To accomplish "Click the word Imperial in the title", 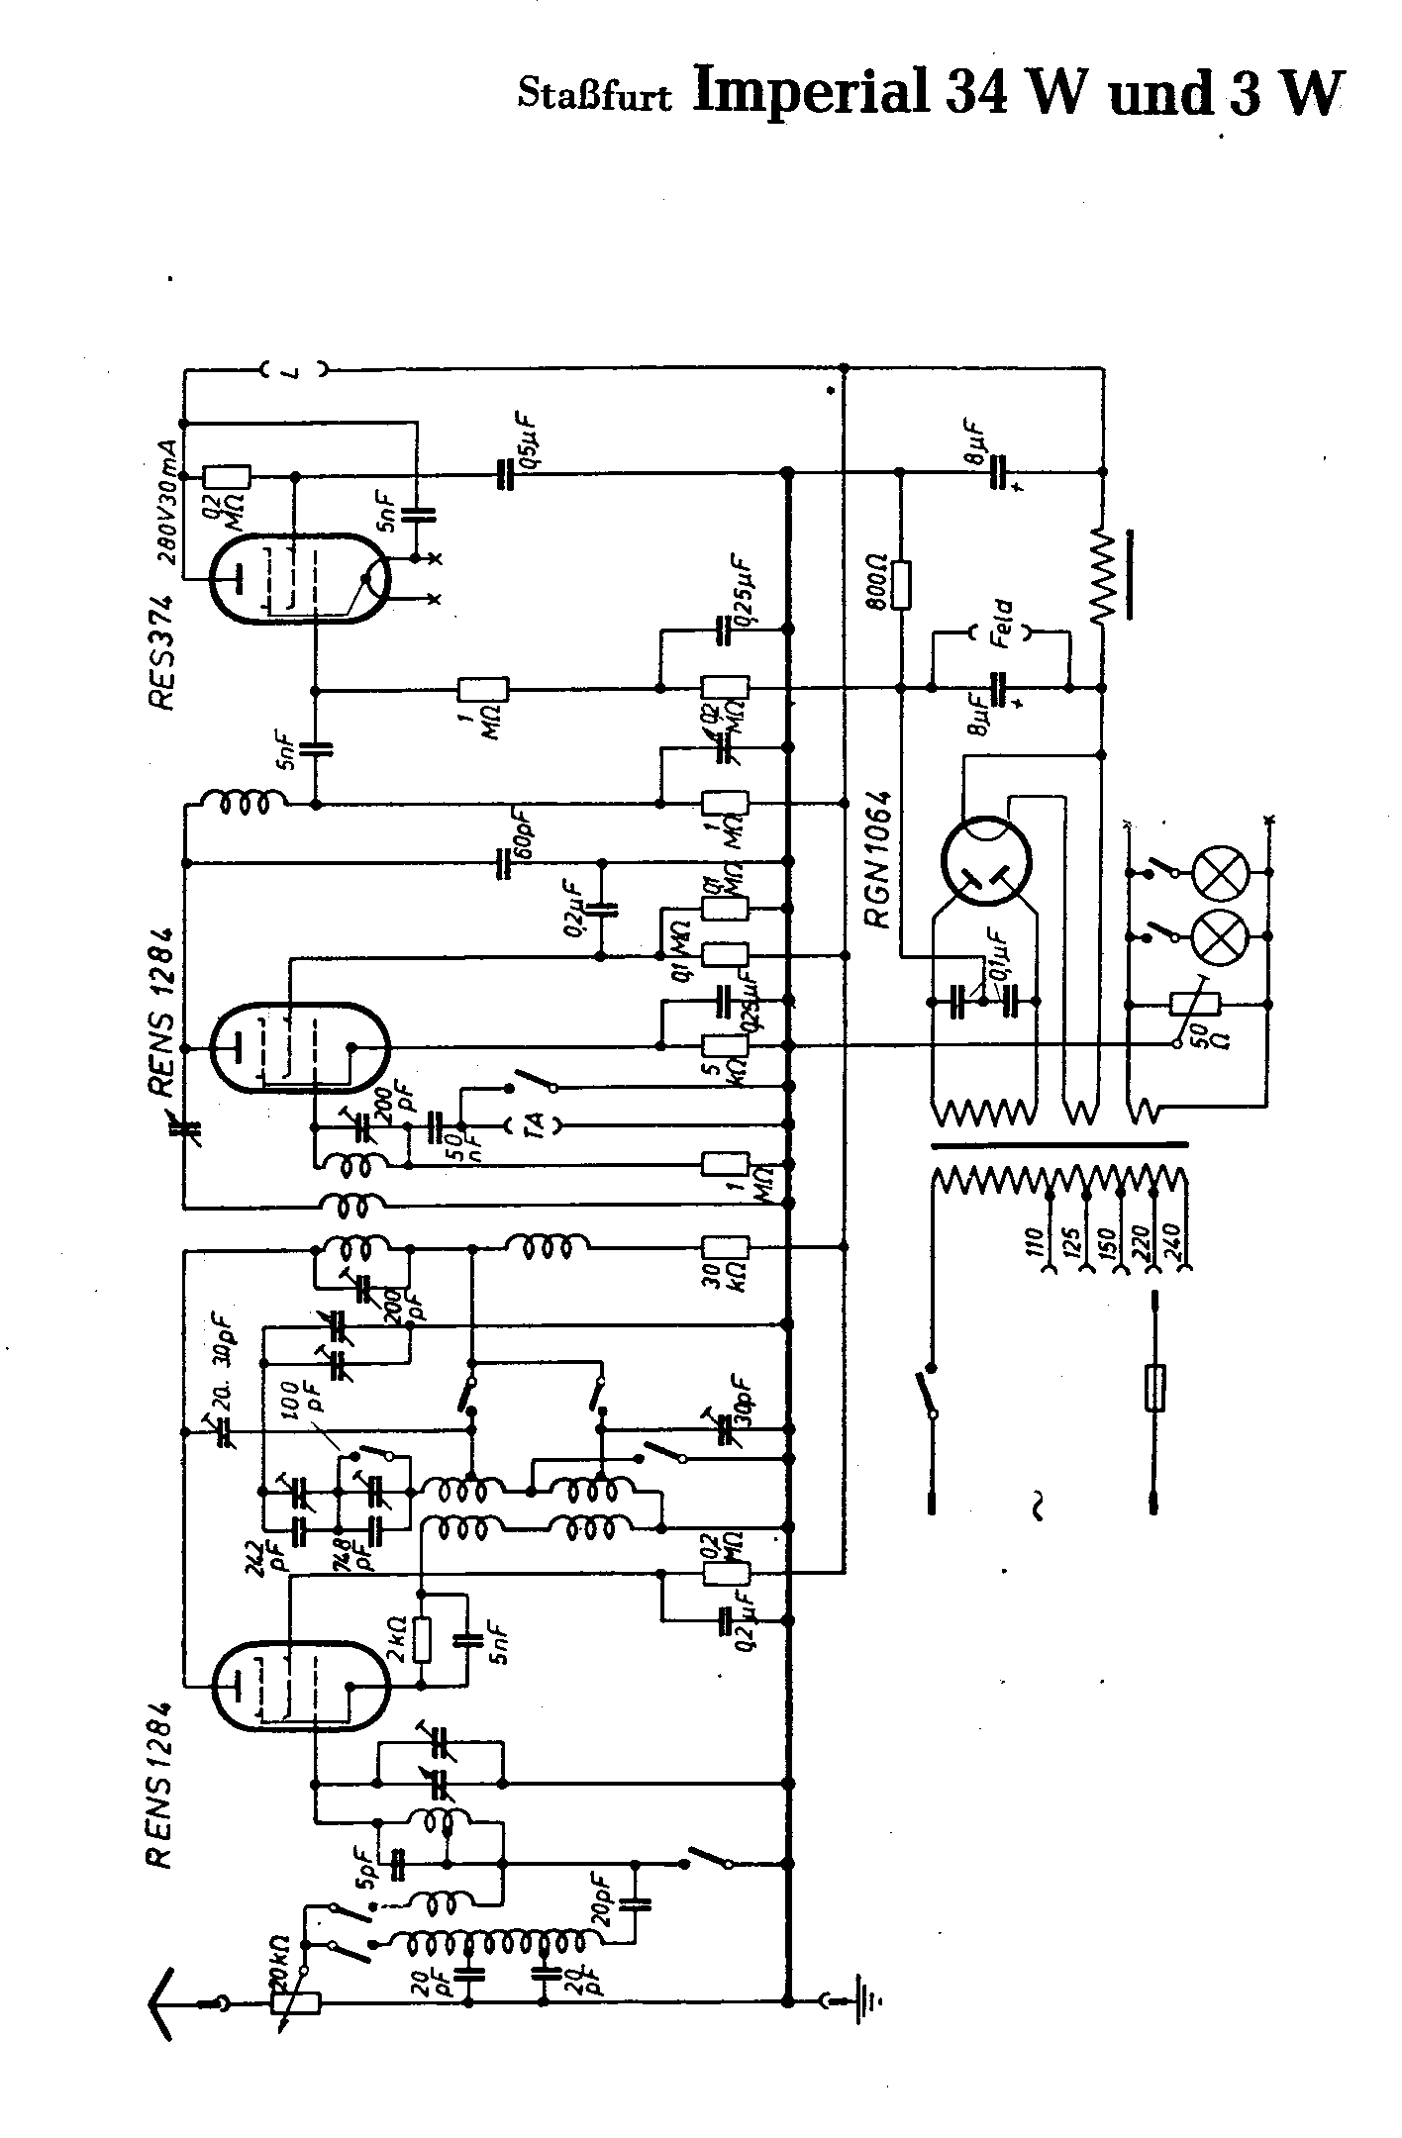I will (811, 91).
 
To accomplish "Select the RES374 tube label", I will (161, 650).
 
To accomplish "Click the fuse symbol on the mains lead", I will (1153, 1387).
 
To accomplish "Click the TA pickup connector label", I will (532, 1124).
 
